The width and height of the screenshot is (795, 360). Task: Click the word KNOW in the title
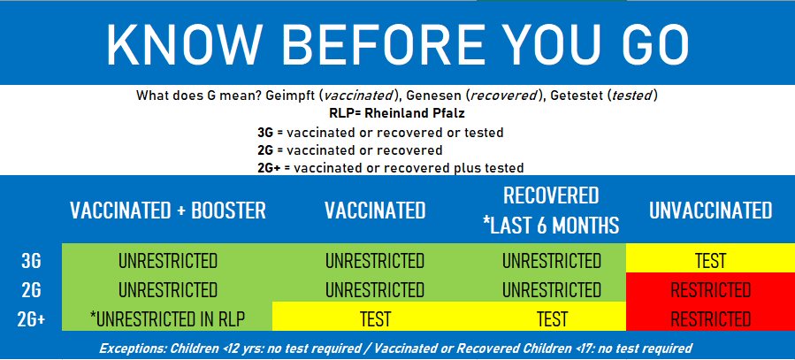[x=186, y=43]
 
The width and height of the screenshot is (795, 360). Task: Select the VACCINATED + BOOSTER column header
[x=168, y=211]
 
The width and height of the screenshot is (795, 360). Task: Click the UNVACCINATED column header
[x=710, y=211]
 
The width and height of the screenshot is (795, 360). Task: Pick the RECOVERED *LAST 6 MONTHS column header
[x=552, y=211]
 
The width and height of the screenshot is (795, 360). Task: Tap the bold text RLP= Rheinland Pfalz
[x=397, y=113]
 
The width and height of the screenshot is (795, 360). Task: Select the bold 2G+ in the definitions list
[x=269, y=168]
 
